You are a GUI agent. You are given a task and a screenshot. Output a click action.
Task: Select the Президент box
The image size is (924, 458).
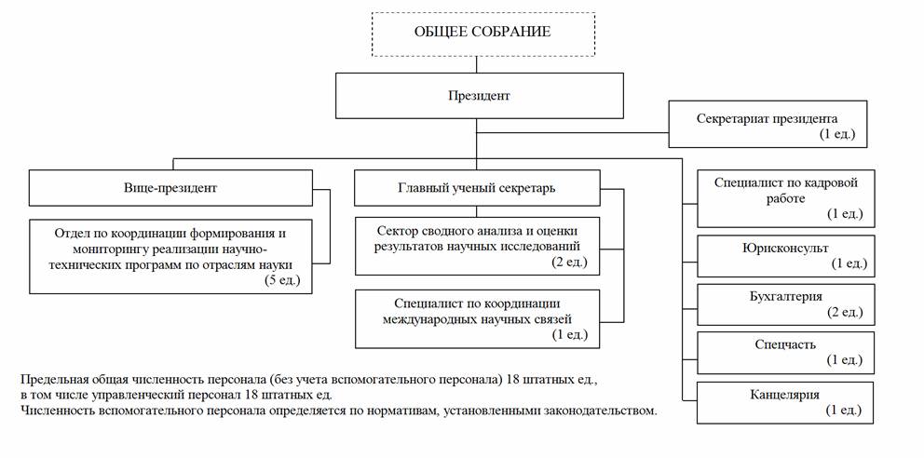coord(479,95)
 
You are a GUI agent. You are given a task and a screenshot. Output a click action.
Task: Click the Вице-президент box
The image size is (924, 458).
coord(170,188)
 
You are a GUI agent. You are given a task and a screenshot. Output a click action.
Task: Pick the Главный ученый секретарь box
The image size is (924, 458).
coord(477,188)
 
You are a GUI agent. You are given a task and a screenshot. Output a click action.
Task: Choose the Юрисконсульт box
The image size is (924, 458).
coord(786,255)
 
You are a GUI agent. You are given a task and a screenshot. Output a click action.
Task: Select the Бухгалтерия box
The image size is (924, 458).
coord(786,304)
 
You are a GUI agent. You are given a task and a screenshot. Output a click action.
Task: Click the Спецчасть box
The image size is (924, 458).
coord(786,352)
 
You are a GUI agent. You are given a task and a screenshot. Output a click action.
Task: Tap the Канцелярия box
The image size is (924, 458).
coord(786,403)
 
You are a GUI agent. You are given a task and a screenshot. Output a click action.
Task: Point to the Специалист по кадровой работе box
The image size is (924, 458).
coord(786,198)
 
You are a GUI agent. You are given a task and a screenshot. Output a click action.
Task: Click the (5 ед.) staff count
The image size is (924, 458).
coord(283,281)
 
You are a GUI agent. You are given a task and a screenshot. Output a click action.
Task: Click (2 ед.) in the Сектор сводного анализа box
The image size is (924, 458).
coord(570,262)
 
